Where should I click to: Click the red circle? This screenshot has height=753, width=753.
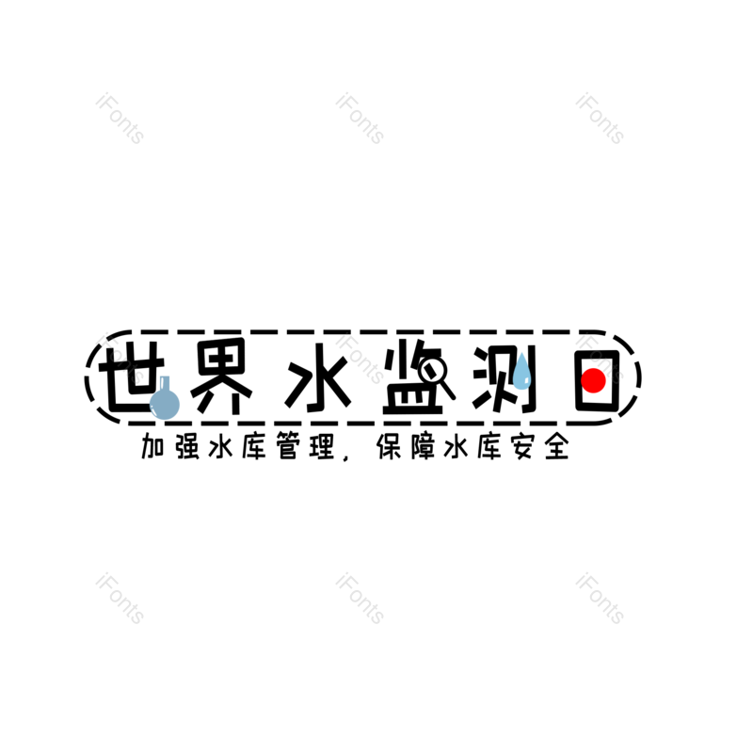(593, 380)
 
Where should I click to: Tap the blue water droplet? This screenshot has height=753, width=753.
(521, 374)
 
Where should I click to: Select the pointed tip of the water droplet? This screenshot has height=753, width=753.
(521, 354)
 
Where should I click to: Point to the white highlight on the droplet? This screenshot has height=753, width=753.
(526, 380)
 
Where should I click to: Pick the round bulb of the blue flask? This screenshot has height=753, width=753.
(165, 404)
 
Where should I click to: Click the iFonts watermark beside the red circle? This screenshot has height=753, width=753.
(600, 359)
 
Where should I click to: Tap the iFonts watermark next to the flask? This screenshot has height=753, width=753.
(120, 359)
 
